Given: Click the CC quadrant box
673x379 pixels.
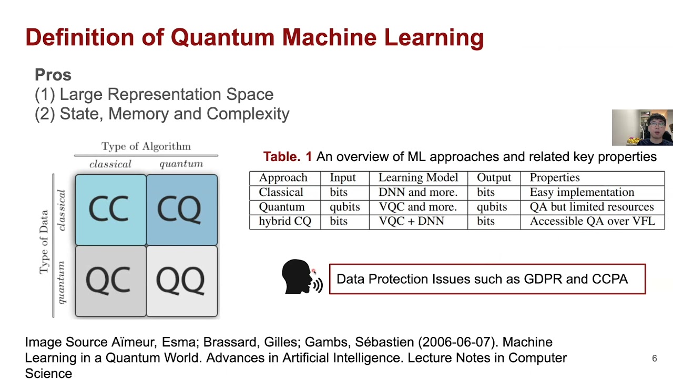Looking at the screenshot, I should point(110,210).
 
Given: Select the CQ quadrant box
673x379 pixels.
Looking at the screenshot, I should point(182,210).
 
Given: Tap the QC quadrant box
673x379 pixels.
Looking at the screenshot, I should point(110,281).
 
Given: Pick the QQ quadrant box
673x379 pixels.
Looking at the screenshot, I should point(182,281).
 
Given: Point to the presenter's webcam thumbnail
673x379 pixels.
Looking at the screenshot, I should point(642,127).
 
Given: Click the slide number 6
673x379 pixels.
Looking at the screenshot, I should point(654,358).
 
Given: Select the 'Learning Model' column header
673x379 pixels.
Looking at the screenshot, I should point(418,178).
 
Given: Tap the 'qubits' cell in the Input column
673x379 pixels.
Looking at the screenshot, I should point(344,207).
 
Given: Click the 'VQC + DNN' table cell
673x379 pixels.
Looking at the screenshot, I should point(411,221).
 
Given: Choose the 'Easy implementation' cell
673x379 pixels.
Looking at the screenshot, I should point(582,192).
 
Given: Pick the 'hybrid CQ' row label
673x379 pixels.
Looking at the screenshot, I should point(285,221).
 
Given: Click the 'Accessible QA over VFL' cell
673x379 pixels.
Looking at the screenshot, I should point(592,221).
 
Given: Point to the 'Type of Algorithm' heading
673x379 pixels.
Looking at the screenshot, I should point(146,146).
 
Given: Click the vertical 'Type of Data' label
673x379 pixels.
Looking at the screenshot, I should point(44,242).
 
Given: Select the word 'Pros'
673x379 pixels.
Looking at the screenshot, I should point(53,75).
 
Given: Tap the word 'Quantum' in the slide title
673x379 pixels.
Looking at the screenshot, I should point(223,38).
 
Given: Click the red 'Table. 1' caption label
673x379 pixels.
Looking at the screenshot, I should point(287,156).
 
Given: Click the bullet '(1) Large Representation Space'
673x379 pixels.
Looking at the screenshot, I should point(154,94).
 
